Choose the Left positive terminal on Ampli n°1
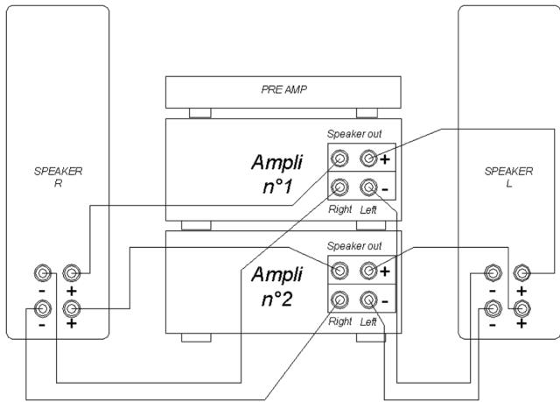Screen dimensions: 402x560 pos(368,159)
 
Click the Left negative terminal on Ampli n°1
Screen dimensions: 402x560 pos(368,187)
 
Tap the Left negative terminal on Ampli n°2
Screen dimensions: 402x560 pos(368,300)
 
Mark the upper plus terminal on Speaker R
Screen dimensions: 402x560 pos(73,273)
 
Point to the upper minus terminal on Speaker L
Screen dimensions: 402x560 pos(493,272)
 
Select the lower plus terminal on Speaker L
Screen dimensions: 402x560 pos(522,307)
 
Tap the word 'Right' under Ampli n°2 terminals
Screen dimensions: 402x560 pos(339,321)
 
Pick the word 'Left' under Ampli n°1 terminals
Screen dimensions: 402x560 pos(369,209)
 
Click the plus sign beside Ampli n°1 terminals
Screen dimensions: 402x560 pos(385,159)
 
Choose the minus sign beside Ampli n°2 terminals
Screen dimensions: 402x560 pos(385,301)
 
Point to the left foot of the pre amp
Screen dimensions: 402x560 pos(199,113)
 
